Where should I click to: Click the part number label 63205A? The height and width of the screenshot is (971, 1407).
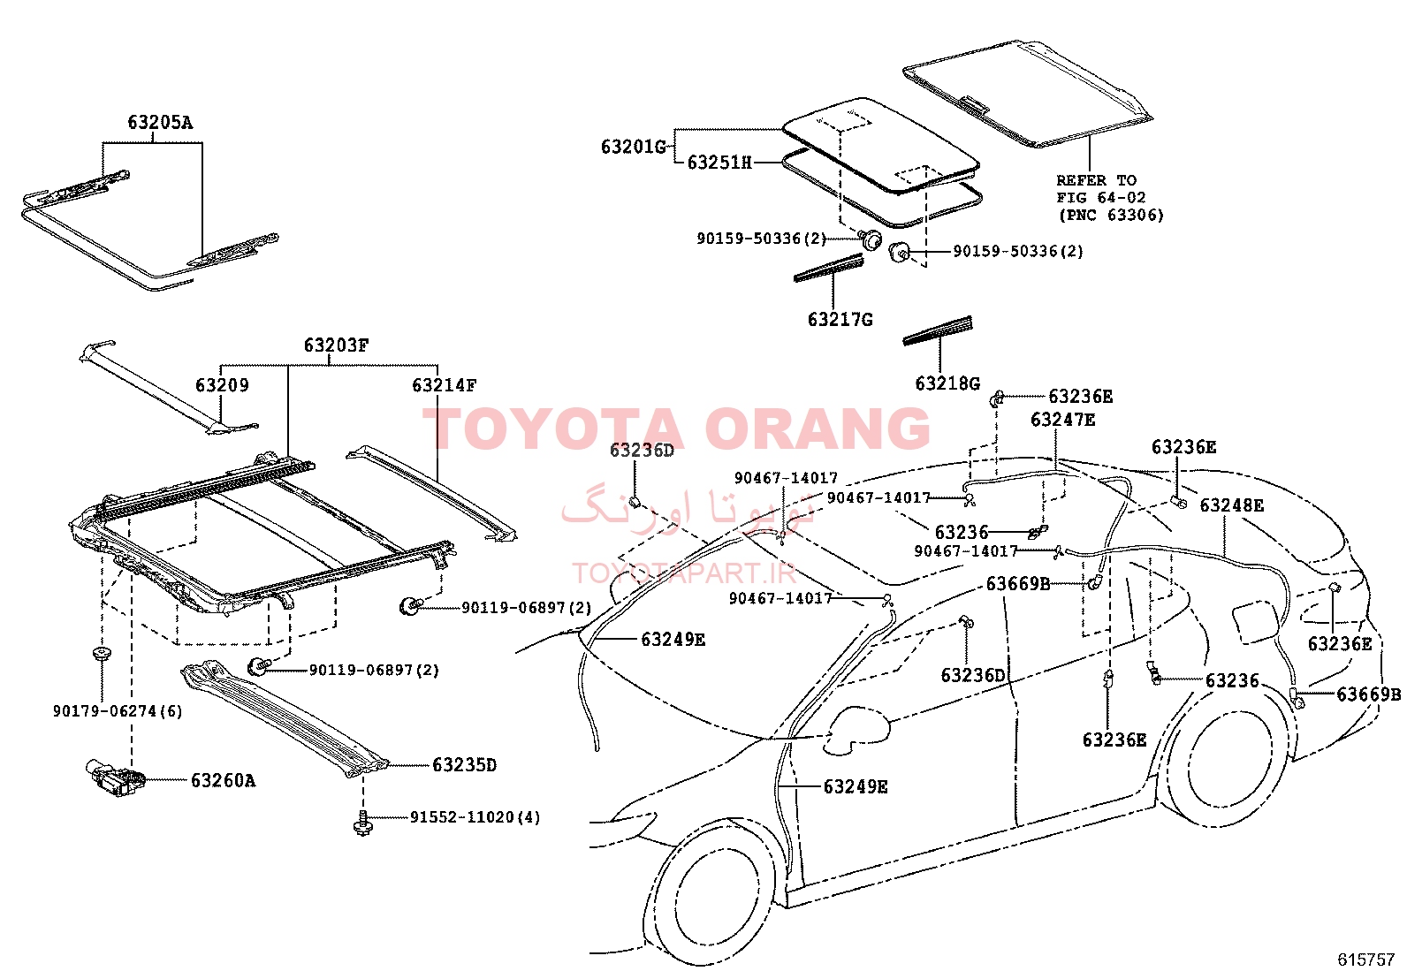(160, 122)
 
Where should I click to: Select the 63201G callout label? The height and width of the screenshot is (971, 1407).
(633, 147)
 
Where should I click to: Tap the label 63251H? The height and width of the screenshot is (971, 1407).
(719, 163)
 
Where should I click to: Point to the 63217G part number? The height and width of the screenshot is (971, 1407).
(840, 320)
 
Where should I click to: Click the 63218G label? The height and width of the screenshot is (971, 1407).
(947, 383)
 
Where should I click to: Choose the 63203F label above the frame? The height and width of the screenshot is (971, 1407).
(336, 345)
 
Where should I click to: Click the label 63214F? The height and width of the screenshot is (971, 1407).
(444, 385)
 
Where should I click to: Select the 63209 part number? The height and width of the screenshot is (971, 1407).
(223, 385)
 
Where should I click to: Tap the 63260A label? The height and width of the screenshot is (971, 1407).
(223, 781)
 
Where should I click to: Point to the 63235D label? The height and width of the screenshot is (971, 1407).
(464, 765)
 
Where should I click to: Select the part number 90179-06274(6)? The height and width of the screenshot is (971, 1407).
(118, 711)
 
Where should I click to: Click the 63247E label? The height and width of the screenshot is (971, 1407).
(1063, 420)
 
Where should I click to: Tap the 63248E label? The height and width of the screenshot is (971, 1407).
(1232, 505)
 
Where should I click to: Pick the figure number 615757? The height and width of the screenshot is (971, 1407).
(1365, 960)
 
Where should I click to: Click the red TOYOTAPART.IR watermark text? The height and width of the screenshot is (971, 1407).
(684, 573)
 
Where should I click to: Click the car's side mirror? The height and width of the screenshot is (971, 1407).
(857, 730)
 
